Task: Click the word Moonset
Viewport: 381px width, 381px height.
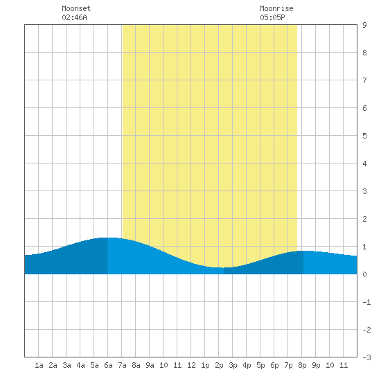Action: (76, 8)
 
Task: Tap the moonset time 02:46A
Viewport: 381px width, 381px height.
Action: (74, 17)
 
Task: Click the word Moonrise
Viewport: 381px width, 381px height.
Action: (276, 8)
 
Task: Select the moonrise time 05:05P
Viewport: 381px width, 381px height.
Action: (272, 17)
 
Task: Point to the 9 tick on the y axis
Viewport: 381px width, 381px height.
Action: (364, 25)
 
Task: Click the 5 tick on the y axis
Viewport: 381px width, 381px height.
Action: (364, 136)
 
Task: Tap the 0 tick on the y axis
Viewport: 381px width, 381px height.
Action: (364, 274)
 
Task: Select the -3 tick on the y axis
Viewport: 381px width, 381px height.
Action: (366, 357)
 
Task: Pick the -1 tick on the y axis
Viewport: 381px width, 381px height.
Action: (366, 302)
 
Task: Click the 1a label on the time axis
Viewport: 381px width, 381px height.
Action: (39, 365)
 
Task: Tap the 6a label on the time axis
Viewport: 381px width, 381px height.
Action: (108, 365)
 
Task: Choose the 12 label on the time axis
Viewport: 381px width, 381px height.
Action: (191, 365)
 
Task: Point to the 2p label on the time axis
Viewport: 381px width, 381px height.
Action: (219, 366)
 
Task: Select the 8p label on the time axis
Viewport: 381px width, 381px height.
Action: (302, 366)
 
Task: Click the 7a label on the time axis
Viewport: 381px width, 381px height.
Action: (122, 365)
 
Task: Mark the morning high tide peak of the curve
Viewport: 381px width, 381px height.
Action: (107, 238)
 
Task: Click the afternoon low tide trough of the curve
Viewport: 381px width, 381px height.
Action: (220, 267)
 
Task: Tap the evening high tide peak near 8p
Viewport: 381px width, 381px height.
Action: (303, 251)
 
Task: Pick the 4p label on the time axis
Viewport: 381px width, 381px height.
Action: (247, 366)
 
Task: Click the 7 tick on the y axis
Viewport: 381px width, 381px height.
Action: (364, 80)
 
